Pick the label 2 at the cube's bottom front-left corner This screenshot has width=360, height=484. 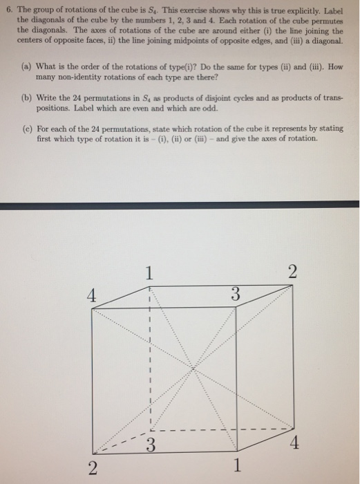click(91, 469)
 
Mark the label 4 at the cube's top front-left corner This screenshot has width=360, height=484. click(90, 295)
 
